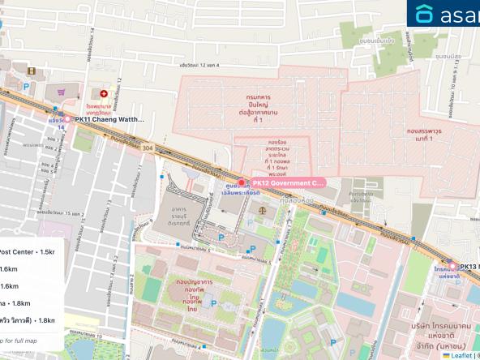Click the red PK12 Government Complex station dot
(x=240, y=182)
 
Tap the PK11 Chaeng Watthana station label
(x=109, y=120)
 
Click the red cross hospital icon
(x=103, y=94)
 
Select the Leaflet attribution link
(x=461, y=354)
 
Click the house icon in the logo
(x=424, y=14)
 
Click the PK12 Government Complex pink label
(x=287, y=183)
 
